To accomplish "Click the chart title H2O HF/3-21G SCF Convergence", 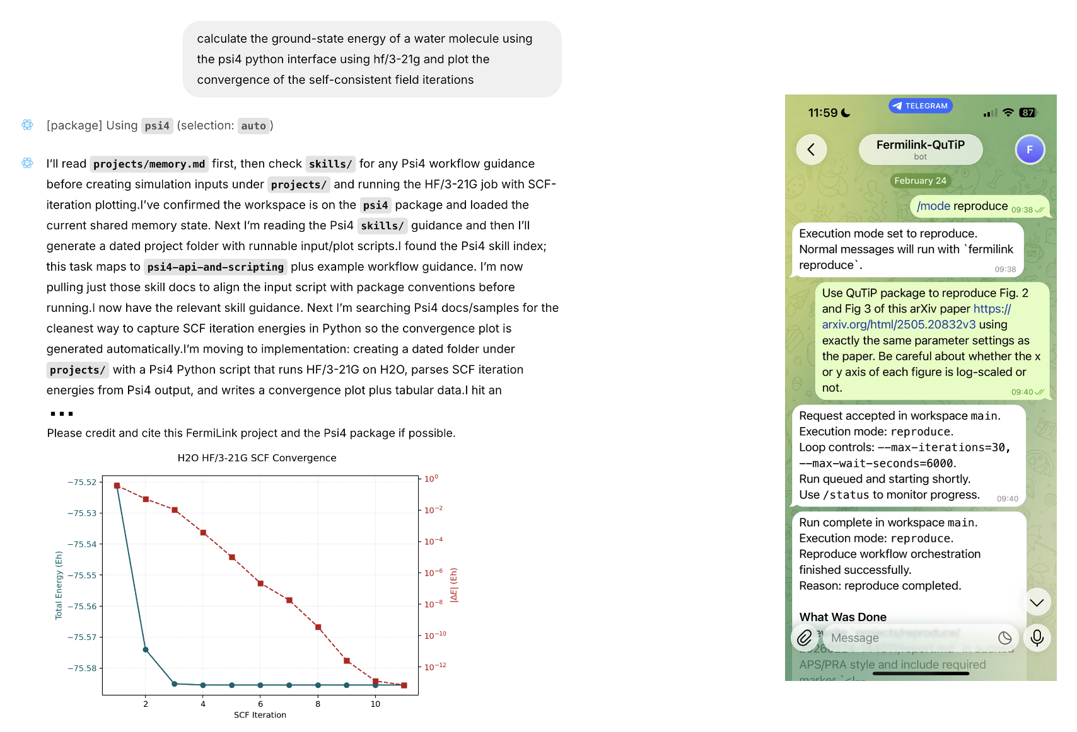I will pyautogui.click(x=257, y=458).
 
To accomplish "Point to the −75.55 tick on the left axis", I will pyautogui.click(x=83, y=575).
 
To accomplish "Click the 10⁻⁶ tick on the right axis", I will pyautogui.click(x=433, y=573).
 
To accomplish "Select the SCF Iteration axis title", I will pyautogui.click(x=260, y=715).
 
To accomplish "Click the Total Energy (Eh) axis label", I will pyautogui.click(x=59, y=585).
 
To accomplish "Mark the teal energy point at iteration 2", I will pyautogui.click(x=146, y=649).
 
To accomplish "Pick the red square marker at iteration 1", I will pyautogui.click(x=117, y=486).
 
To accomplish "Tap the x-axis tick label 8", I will pyautogui.click(x=318, y=704).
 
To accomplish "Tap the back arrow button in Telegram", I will pyautogui.click(x=812, y=149).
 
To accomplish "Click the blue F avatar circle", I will pyautogui.click(x=1030, y=149).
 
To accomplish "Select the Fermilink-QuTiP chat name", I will pyautogui.click(x=920, y=145).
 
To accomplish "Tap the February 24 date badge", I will pyautogui.click(x=920, y=181).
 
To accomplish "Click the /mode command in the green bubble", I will pyautogui.click(x=933, y=206).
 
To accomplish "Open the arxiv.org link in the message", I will pyautogui.click(x=899, y=324).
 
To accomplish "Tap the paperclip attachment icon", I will pyautogui.click(x=805, y=638).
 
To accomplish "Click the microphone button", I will pyautogui.click(x=1037, y=638).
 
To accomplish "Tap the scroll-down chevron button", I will pyautogui.click(x=1037, y=603).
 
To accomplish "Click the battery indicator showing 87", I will pyautogui.click(x=1028, y=113).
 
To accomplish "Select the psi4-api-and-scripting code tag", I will pyautogui.click(x=215, y=267).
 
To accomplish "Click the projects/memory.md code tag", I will pyautogui.click(x=149, y=164).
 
